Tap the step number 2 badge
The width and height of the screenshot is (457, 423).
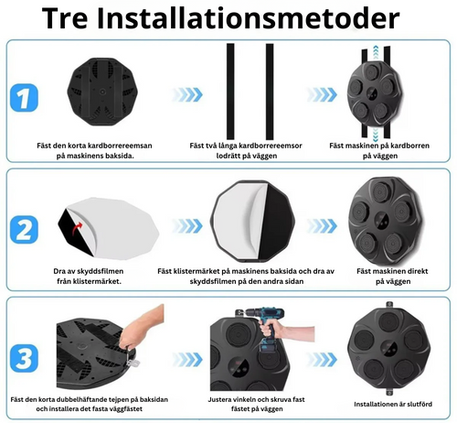coord(26,226)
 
